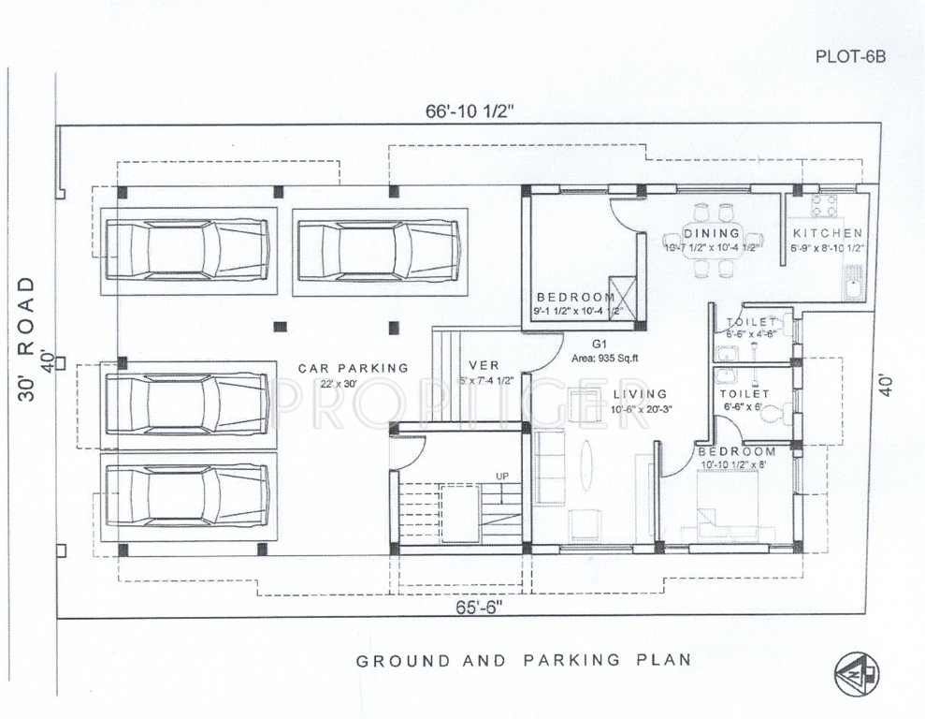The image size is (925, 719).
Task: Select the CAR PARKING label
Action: click(x=353, y=368)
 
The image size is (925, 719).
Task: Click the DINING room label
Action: click(x=711, y=233)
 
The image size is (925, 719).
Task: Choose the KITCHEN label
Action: click(x=827, y=233)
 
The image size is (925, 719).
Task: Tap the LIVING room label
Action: click(x=641, y=394)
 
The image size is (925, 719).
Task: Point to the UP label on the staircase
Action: click(x=502, y=477)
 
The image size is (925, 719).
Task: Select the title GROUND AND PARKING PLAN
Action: click(x=524, y=659)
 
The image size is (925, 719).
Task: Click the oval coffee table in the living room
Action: click(x=586, y=463)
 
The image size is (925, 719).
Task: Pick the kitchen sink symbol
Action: click(x=852, y=282)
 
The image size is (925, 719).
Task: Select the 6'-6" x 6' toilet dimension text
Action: click(x=744, y=408)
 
